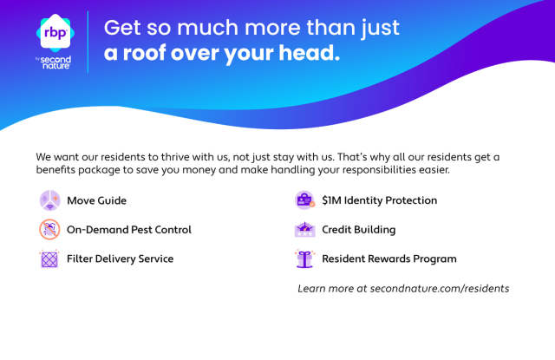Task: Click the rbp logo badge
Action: coord(55,33)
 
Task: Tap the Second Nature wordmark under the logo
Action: coord(55,62)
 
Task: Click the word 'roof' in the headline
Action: coord(145,53)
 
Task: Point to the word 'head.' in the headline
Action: coord(310,52)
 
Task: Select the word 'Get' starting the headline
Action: coord(122,28)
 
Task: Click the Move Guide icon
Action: coord(49,200)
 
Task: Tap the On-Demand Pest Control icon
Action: coord(49,229)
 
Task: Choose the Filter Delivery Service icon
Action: coord(49,259)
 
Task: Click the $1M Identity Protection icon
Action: coord(304,200)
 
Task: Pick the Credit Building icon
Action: coord(304,229)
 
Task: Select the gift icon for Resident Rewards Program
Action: coord(304,259)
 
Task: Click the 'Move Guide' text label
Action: coord(96,200)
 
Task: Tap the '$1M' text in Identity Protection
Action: coord(331,200)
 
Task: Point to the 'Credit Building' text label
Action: coord(358,230)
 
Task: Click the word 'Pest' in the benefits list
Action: coord(141,230)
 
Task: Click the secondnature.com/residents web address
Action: coord(440,289)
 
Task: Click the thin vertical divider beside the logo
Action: coord(88,43)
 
